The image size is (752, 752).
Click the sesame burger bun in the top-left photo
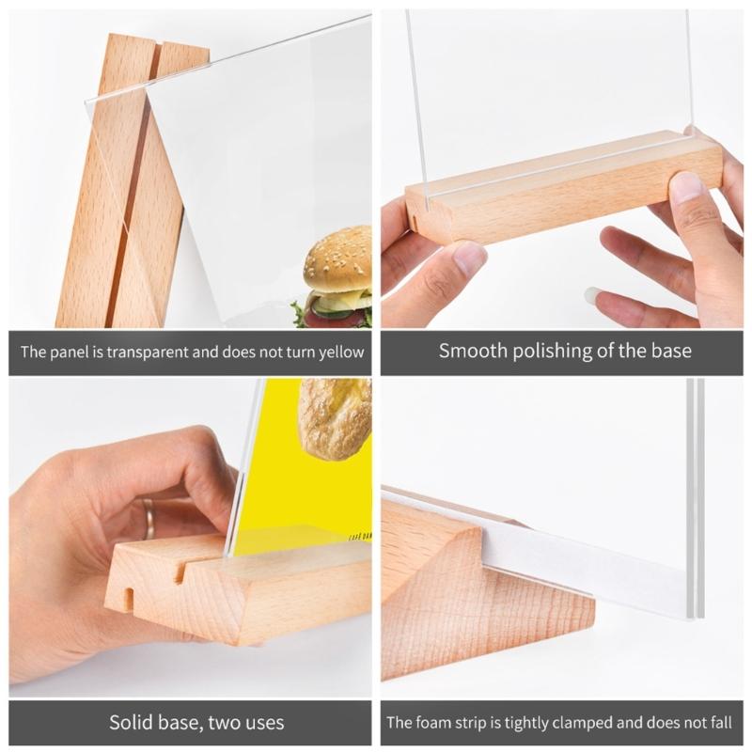coord(337,258)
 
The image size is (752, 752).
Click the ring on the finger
coord(149,517)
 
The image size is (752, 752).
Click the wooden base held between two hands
coord(564,193)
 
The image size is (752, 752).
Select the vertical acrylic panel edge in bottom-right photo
coord(695,498)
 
